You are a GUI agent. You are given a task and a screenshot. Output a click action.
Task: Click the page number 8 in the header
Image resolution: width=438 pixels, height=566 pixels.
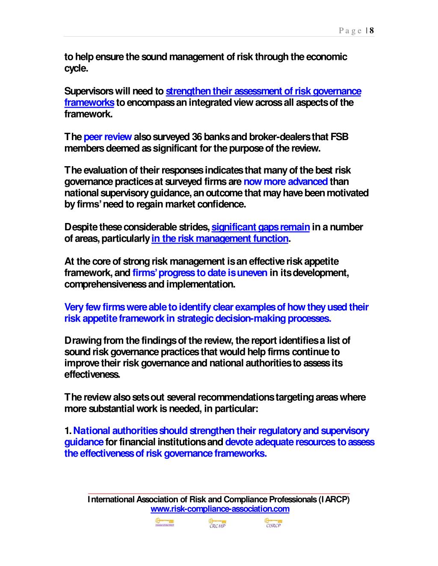pyautogui.click(x=372, y=30)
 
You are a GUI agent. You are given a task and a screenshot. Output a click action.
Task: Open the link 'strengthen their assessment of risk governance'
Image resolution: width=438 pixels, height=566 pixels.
pyautogui.click(x=263, y=91)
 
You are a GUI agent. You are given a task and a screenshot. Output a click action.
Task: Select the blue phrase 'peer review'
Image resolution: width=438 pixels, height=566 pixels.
pyautogui.click(x=107, y=137)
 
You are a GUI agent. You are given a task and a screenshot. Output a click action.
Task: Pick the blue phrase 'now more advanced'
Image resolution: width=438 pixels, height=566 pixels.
pyautogui.click(x=285, y=182)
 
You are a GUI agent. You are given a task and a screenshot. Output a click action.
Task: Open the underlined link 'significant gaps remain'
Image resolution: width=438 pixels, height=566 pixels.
pyautogui.click(x=260, y=227)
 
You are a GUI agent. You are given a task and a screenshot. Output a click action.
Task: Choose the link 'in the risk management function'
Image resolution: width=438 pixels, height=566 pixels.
pyautogui.click(x=220, y=238)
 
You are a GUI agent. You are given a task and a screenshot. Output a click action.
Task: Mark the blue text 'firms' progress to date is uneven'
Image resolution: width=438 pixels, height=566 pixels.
pyautogui.click(x=200, y=273)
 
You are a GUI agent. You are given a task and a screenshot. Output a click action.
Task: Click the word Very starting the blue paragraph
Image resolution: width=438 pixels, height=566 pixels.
pyautogui.click(x=74, y=307)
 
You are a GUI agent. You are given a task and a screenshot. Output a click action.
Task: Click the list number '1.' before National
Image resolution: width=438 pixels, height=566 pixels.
pyautogui.click(x=68, y=431)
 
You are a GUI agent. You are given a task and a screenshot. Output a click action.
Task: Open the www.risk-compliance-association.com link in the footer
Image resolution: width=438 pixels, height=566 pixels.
pyautogui.click(x=220, y=509)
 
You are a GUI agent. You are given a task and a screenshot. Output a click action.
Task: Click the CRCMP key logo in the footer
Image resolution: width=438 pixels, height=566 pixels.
pyautogui.click(x=217, y=523)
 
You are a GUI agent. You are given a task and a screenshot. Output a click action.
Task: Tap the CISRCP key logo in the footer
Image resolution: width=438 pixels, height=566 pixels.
pyautogui.click(x=273, y=523)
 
